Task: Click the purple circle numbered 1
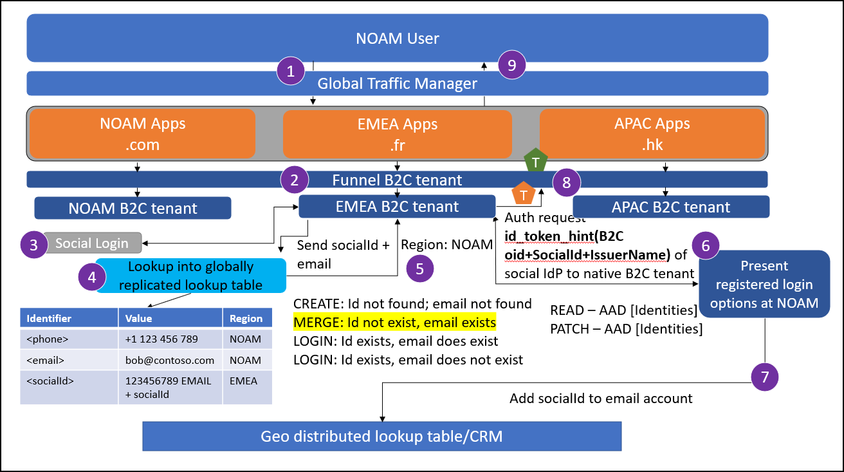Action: (x=291, y=71)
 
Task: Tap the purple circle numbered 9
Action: (x=512, y=64)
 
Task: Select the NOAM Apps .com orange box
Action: (x=142, y=134)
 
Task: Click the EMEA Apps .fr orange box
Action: (x=397, y=134)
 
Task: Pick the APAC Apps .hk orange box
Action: (x=653, y=134)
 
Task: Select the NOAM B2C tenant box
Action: (x=133, y=208)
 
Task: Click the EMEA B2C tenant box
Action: (x=397, y=207)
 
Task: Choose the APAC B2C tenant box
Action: (x=670, y=207)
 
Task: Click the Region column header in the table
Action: (x=246, y=318)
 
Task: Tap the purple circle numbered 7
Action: (x=765, y=377)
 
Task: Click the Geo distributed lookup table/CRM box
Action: (x=381, y=437)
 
